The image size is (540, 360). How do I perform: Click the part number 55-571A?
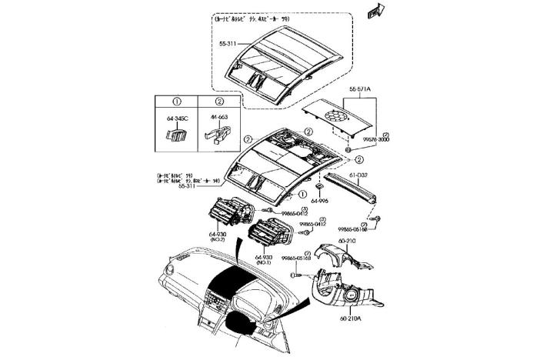pos(359,89)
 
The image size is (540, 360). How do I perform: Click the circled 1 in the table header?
pos(176,102)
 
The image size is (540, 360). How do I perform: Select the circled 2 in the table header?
pos(219,102)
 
